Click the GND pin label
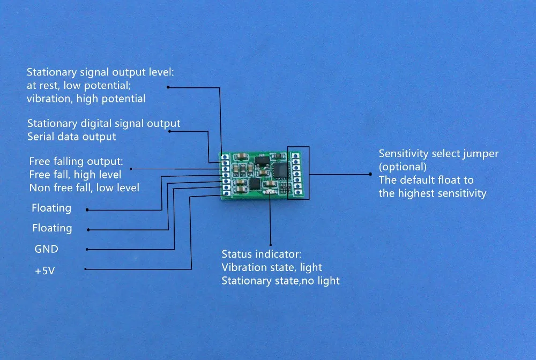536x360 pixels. coord(46,250)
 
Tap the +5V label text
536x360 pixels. coord(45,271)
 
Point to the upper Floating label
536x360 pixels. coord(51,208)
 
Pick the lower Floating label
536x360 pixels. coord(52,228)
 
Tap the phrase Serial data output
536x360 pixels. coord(71,137)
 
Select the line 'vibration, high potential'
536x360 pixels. coord(86,99)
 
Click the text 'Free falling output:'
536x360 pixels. coord(76,161)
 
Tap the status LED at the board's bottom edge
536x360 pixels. coord(270,192)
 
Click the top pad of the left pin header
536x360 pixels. coord(225,157)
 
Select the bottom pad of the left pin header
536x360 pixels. coord(227,193)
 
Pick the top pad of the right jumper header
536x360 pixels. coord(295,156)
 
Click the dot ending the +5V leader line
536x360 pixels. coord(86,269)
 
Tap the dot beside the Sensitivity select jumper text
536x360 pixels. coord(369,174)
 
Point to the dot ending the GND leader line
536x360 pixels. coord(87,250)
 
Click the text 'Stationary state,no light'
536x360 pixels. coord(280,280)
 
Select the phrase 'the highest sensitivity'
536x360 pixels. coord(432,193)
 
